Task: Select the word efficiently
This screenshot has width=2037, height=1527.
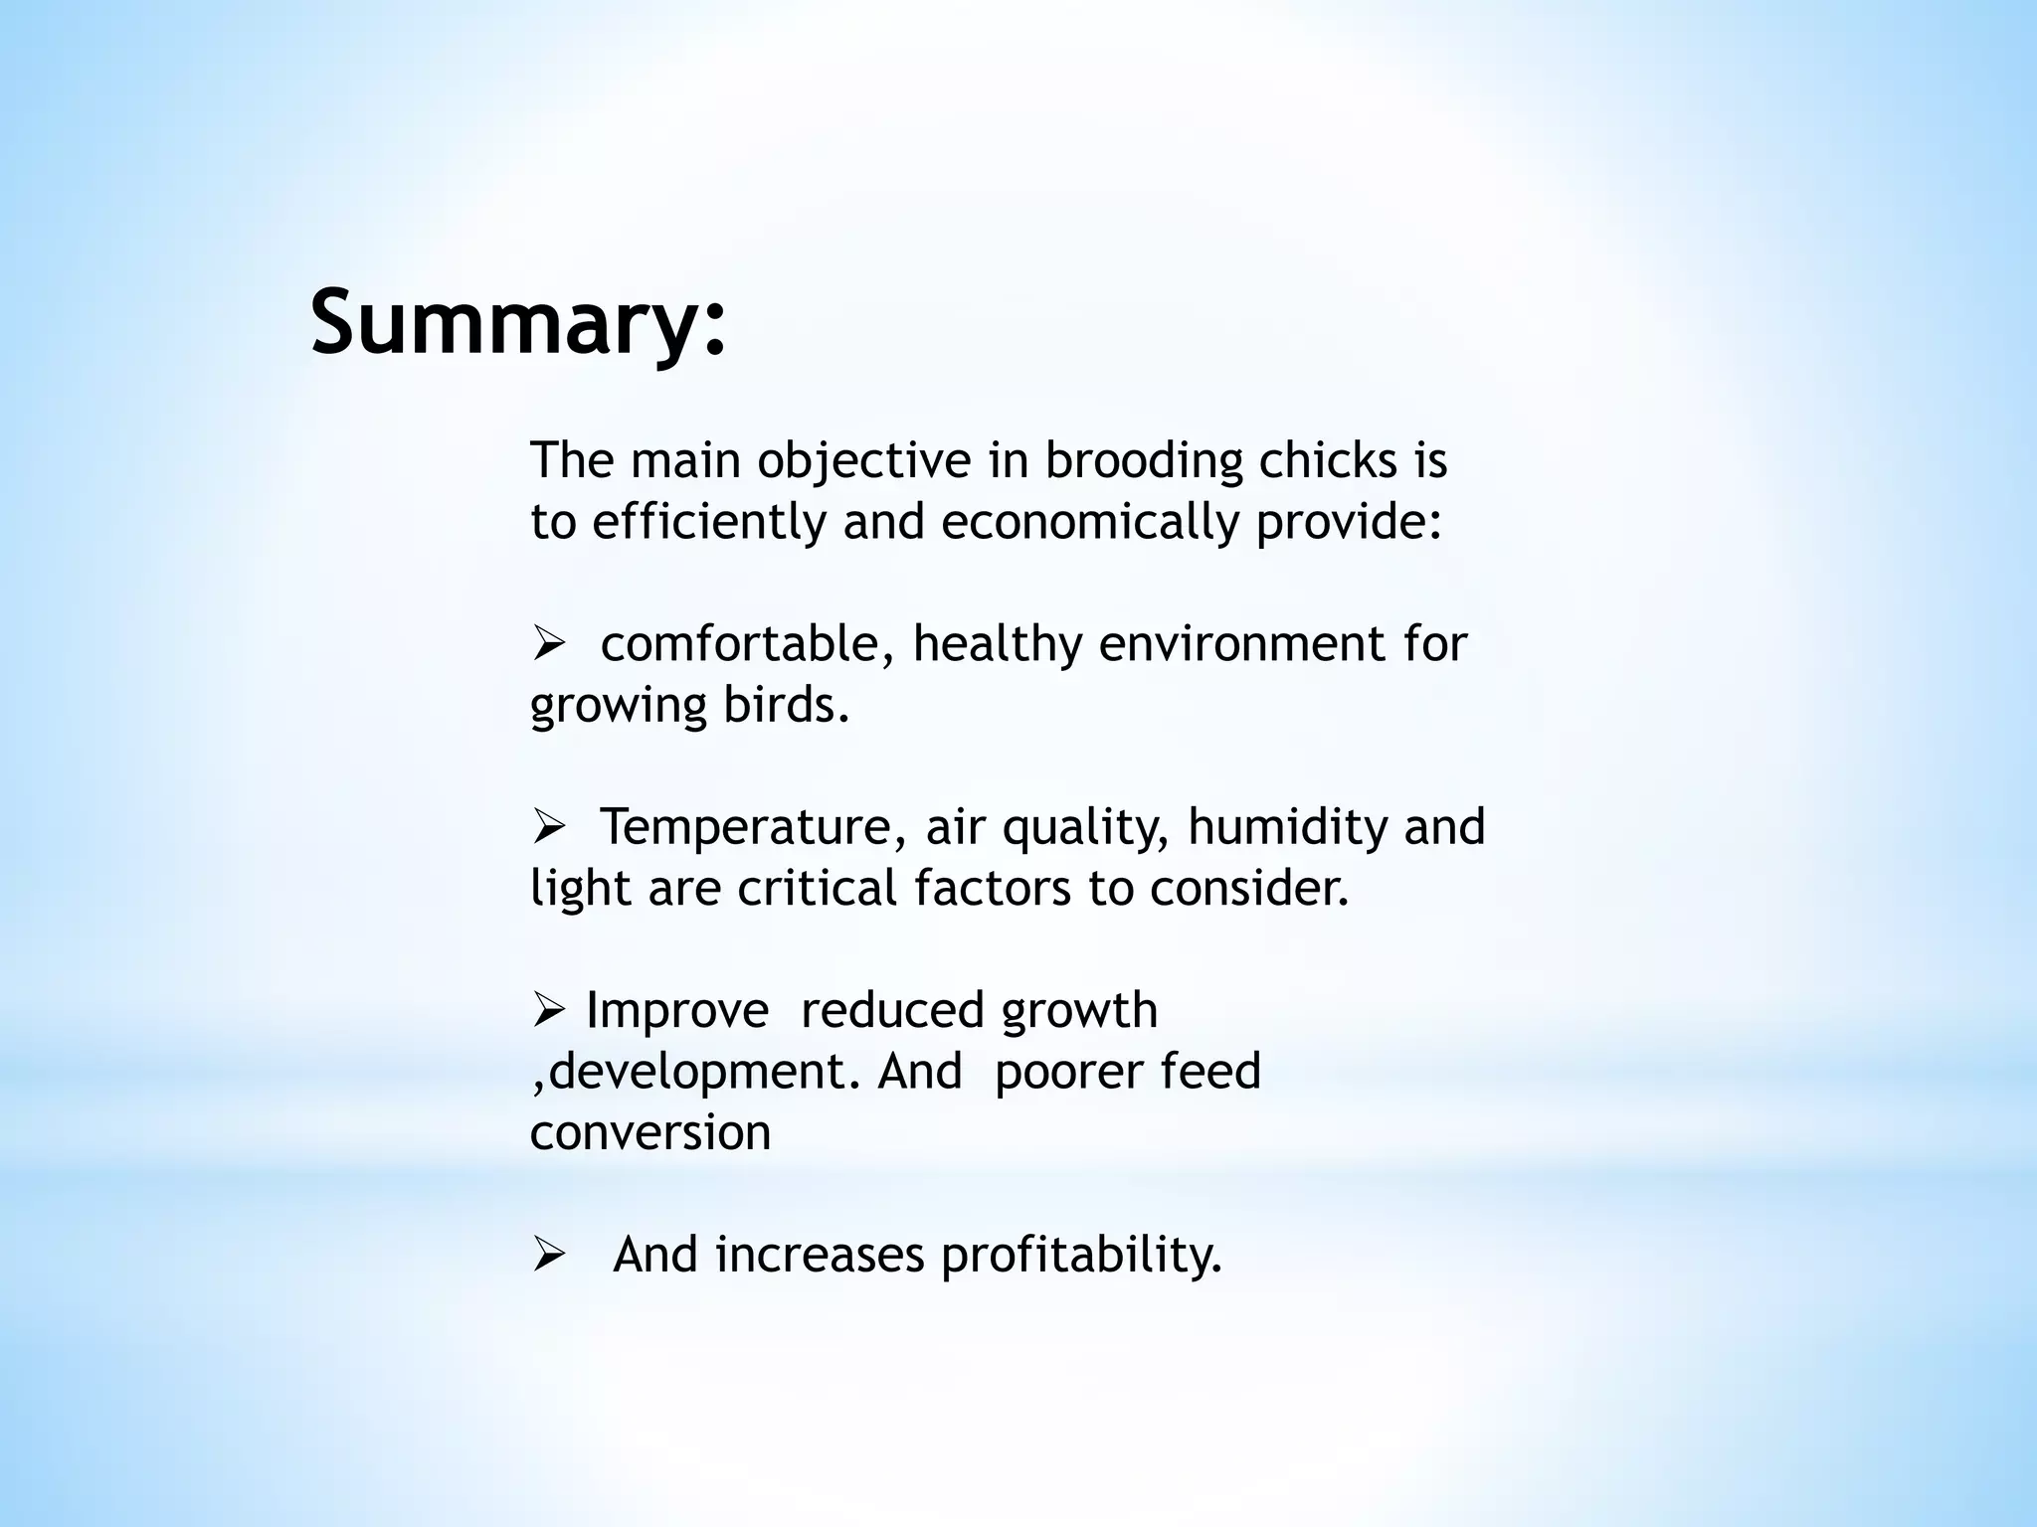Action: pos(709,522)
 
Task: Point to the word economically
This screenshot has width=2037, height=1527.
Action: pos(1090,522)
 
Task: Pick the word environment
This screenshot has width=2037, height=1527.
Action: pos(1243,644)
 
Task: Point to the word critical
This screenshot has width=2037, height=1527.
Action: pos(818,889)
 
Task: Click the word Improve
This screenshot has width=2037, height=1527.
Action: pos(677,1011)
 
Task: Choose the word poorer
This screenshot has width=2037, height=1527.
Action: pos(1060,1073)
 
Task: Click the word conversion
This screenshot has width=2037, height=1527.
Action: pos(650,1133)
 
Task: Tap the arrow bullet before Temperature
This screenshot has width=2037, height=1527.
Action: pos(548,828)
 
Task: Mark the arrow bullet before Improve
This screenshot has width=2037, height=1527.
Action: pos(548,1012)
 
